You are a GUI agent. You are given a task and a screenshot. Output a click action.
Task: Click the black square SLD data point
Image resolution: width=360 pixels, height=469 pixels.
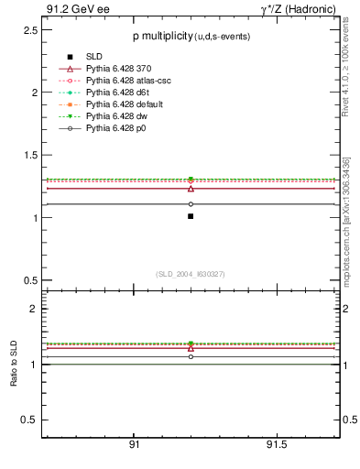click(x=191, y=216)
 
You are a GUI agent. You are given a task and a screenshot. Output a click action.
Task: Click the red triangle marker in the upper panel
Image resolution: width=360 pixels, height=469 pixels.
click(x=191, y=188)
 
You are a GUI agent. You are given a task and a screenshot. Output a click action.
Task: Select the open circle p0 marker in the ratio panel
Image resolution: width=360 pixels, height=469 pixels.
click(x=191, y=356)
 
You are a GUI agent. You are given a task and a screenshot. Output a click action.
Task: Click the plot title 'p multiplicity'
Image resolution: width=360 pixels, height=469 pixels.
click(x=160, y=35)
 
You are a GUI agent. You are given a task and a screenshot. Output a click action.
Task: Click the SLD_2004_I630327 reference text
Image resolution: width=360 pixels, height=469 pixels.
click(x=191, y=273)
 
